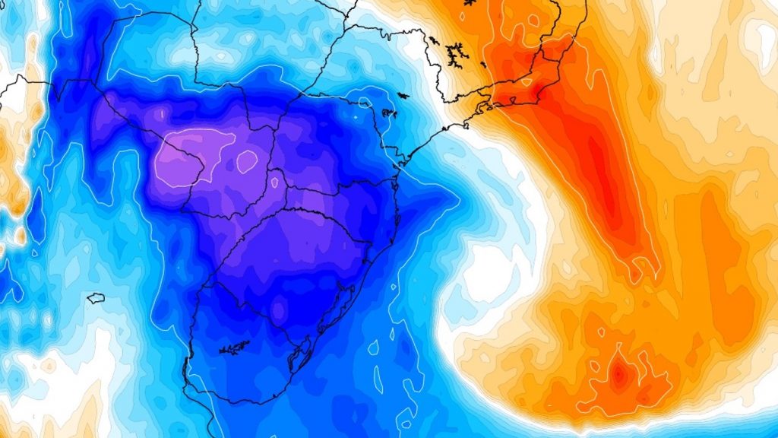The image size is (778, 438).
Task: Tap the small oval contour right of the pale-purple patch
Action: coord(247,160)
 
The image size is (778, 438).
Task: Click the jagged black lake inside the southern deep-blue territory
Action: coord(234,348)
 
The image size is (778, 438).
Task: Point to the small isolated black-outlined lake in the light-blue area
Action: coord(96,298)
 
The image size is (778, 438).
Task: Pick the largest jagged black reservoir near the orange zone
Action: coord(456,53)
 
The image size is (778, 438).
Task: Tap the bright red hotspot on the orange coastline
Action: coord(540,92)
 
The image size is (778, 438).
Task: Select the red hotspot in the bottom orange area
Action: coord(619,373)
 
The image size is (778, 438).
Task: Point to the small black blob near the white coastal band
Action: coord(402,96)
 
